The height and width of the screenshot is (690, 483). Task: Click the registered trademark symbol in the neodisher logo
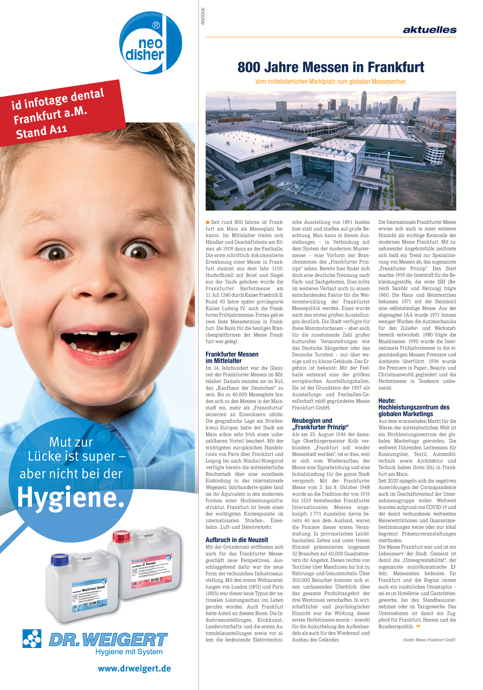tap(156, 25)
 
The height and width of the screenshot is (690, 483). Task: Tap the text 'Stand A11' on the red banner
tap(41, 131)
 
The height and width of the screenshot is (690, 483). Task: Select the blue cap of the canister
tap(60, 559)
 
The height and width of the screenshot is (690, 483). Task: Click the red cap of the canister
tap(121, 536)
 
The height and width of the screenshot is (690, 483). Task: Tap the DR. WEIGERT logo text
tap(108, 639)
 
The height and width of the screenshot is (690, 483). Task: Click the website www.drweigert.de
tap(134, 668)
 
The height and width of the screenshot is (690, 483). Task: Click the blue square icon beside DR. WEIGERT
tap(32, 639)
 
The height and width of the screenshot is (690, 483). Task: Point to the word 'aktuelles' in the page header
tap(429, 30)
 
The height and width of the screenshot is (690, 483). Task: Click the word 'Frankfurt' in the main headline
tap(396, 67)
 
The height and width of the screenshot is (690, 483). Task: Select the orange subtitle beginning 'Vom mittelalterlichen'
tap(331, 82)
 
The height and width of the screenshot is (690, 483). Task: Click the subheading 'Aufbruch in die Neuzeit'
tap(237, 540)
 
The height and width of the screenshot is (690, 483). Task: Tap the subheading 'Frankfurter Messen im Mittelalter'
tap(232, 357)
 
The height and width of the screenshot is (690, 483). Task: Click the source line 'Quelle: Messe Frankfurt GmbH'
tap(429, 640)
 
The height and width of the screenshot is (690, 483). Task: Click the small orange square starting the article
tap(208, 222)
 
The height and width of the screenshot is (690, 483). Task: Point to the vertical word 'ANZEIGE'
tap(203, 16)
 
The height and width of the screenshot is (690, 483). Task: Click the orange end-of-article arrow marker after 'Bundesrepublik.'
tap(418, 626)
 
